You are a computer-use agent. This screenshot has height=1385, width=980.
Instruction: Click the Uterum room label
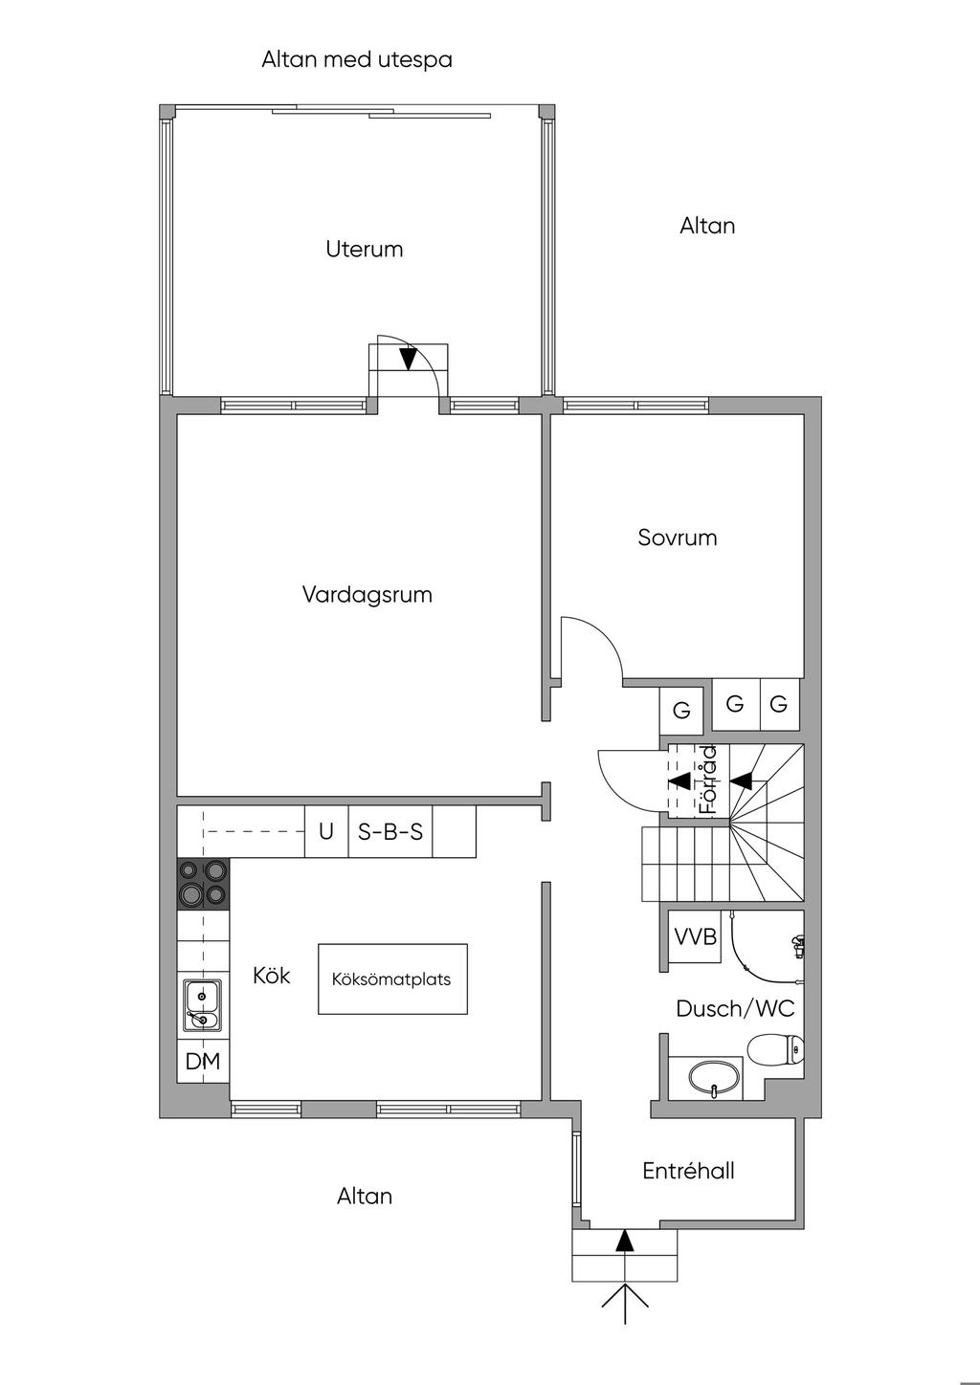point(365,250)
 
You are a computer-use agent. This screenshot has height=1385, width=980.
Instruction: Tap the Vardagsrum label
point(367,595)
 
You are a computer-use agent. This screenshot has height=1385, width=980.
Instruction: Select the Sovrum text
point(678,538)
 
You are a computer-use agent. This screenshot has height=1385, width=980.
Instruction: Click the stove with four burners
point(203,884)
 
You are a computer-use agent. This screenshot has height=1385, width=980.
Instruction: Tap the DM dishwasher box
point(203,1061)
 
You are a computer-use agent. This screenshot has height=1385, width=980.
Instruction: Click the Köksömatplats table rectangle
point(392,978)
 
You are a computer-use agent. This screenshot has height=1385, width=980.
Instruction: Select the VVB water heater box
point(696,936)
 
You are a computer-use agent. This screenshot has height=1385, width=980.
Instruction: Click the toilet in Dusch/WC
point(776,1049)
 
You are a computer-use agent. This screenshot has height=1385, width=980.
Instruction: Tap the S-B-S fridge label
point(390,831)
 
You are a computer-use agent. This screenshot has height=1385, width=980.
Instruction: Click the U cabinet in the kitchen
point(326,831)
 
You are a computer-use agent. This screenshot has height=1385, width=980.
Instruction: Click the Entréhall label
point(688,1171)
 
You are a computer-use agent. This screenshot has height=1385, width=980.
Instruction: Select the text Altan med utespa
point(357,60)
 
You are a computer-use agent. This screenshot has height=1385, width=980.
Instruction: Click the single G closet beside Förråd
point(681,710)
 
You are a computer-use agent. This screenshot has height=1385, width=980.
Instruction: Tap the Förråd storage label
point(708,780)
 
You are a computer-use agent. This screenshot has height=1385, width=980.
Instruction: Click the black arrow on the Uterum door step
point(408,358)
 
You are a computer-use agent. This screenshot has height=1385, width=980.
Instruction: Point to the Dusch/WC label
point(736,1008)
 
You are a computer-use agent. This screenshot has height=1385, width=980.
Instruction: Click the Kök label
point(272,976)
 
